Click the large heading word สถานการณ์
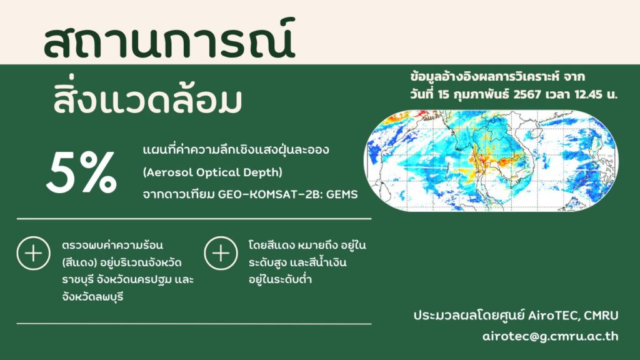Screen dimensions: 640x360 pyautogui.click(x=169, y=39)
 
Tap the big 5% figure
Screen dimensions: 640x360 pyautogui.click(x=82, y=172)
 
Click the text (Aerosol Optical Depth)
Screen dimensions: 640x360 pyautogui.click(x=212, y=172)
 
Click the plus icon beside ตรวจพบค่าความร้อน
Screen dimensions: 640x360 pyautogui.click(x=34, y=254)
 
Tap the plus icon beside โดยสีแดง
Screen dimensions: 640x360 pyautogui.click(x=221, y=254)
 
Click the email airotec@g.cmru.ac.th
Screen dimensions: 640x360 pyautogui.click(x=550, y=336)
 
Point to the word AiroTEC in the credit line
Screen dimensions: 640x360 pyautogui.click(x=553, y=316)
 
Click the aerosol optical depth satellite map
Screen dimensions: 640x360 pyautogui.click(x=491, y=161)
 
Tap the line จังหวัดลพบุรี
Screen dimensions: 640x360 pyautogui.click(x=92, y=297)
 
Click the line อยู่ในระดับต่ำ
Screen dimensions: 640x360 pyautogui.click(x=281, y=279)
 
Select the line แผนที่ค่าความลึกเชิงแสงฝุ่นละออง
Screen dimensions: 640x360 pyautogui.click(x=236, y=149)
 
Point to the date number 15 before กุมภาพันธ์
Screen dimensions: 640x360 pyautogui.click(x=444, y=94)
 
